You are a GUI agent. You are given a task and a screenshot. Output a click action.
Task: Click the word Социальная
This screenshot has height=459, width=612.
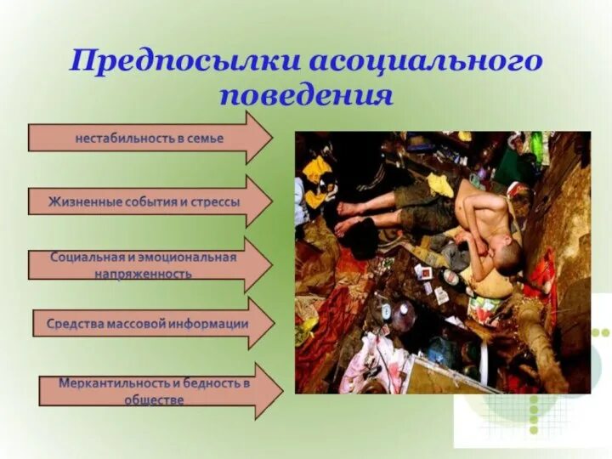[x=87, y=257]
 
